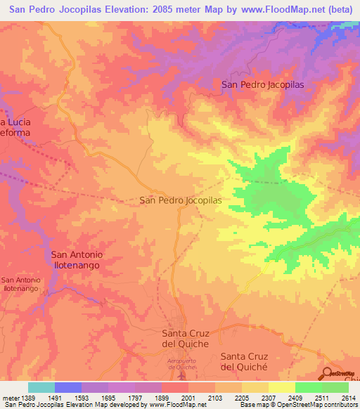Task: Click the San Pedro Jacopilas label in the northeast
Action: point(262,84)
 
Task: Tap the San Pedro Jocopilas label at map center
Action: point(181,200)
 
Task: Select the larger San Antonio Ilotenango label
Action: point(77,260)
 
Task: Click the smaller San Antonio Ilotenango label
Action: point(21,285)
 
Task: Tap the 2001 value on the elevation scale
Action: point(187,398)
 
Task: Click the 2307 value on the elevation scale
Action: point(268,398)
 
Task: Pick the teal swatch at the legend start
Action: point(41,387)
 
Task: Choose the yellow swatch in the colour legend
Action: point(282,387)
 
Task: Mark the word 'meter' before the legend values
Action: point(8,398)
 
